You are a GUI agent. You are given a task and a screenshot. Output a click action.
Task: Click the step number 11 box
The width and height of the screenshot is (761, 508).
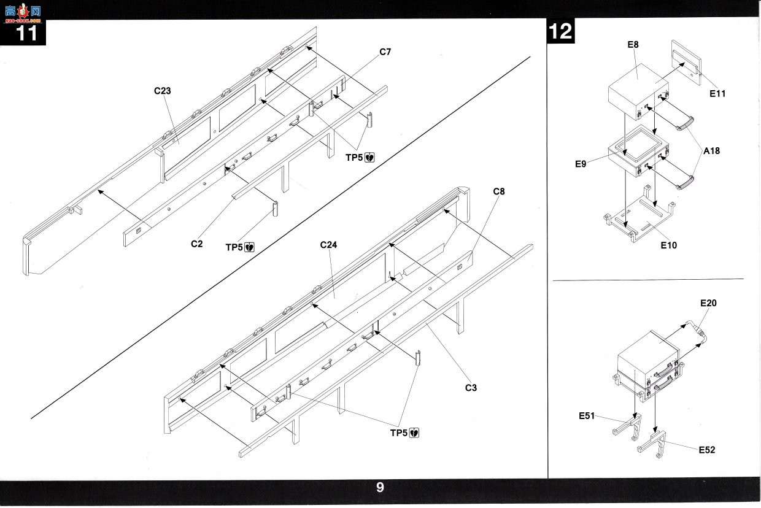click(x=23, y=33)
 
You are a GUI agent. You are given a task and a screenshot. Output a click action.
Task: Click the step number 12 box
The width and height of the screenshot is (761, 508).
click(x=560, y=31)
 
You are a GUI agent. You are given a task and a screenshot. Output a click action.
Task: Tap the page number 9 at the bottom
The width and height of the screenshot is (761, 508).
click(x=380, y=488)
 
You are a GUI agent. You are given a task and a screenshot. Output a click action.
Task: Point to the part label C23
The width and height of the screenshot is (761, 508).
click(x=163, y=91)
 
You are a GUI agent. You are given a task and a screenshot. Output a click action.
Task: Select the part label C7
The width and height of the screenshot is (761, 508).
click(x=385, y=52)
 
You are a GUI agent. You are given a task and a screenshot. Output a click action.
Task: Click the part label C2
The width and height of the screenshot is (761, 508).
click(x=197, y=244)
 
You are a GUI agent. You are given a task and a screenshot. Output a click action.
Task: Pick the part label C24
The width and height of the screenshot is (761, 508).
click(x=328, y=245)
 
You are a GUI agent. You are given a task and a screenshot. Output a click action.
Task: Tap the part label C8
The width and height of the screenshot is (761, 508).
click(x=499, y=191)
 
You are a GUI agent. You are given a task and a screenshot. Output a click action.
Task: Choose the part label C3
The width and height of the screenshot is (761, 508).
click(x=471, y=388)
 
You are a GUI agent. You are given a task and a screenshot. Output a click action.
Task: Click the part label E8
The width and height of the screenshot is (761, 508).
click(x=633, y=45)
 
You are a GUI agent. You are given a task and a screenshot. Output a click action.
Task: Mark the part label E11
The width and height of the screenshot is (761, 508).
click(x=717, y=94)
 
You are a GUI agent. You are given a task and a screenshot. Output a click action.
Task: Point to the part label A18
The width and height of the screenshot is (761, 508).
click(x=711, y=151)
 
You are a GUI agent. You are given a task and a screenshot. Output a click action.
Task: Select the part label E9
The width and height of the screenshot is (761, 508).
click(x=581, y=164)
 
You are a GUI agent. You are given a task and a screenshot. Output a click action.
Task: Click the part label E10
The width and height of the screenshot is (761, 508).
click(x=668, y=245)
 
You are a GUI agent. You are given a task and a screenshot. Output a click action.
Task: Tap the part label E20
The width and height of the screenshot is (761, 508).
click(x=708, y=303)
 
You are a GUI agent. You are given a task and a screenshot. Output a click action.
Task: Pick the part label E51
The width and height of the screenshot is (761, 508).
click(x=587, y=416)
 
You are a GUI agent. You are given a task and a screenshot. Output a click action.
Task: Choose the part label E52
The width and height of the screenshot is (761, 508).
click(x=707, y=450)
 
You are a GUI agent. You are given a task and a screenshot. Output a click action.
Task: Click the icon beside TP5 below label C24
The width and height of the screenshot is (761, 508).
click(x=414, y=433)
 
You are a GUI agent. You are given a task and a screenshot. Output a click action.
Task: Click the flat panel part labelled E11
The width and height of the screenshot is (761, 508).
click(x=687, y=63)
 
